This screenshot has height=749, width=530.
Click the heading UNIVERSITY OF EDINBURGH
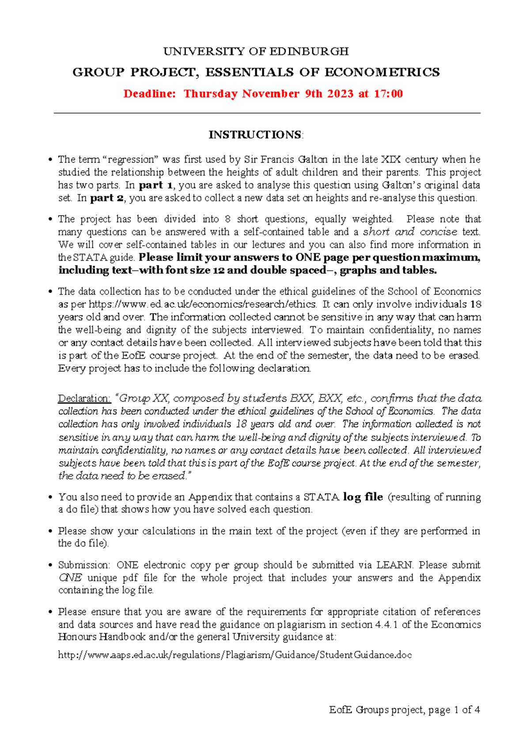pos(256,52)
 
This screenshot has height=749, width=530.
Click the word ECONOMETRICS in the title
pos(382,72)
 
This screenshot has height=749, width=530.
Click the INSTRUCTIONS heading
pos(256,135)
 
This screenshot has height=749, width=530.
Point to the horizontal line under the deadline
pos(267,113)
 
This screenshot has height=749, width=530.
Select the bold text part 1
pos(157,185)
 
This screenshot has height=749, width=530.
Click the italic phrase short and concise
pos(410,232)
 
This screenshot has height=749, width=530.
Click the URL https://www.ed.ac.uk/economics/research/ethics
pos(202,304)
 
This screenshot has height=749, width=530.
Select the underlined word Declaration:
pos(84,398)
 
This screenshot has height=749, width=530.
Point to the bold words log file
pos(363,497)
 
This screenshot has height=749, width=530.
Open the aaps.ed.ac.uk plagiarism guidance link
pos(235,655)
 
